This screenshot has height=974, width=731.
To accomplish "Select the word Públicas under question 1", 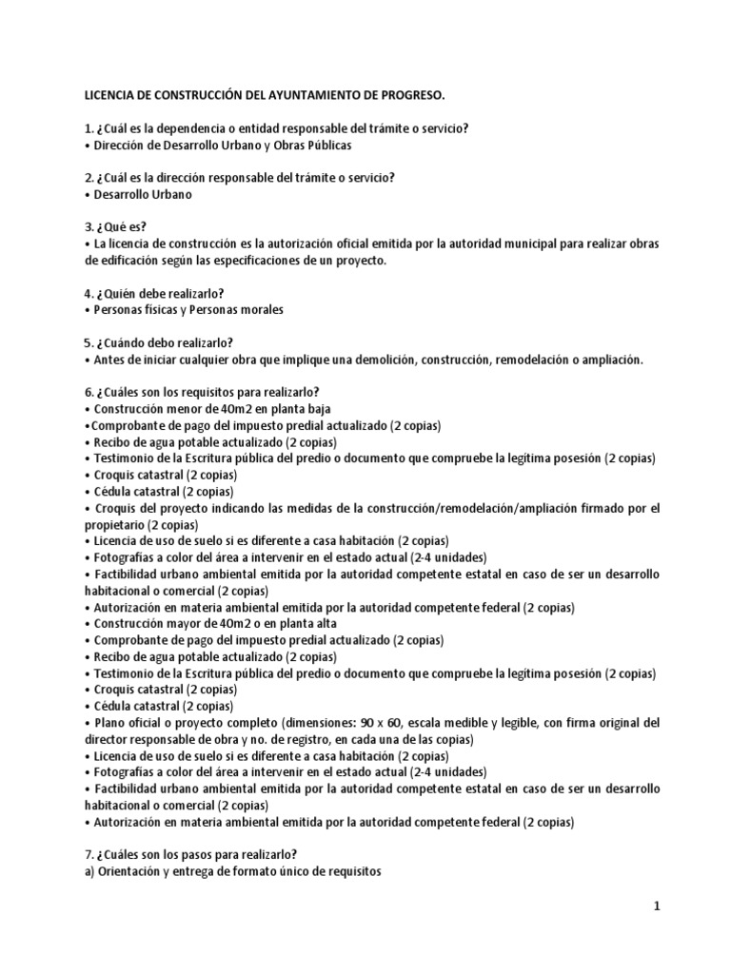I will pyautogui.click(x=324, y=145).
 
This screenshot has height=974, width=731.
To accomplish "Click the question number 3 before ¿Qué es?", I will pyautogui.click(x=89, y=227).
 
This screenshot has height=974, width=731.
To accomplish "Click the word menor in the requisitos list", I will pyautogui.click(x=182, y=409).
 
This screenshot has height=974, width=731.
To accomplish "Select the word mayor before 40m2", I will pyautogui.click(x=182, y=623).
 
